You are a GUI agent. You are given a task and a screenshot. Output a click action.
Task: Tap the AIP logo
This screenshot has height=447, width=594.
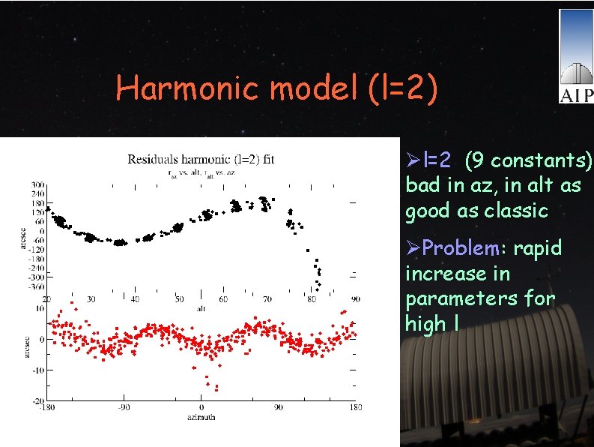coord(576,56)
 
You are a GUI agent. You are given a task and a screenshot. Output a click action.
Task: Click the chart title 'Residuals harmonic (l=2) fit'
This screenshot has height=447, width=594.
coord(201,159)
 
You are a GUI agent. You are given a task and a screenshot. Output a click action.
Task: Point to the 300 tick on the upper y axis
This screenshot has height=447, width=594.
coord(37,184)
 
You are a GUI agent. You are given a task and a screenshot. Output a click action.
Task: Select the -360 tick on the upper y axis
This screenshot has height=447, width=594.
coord(35,286)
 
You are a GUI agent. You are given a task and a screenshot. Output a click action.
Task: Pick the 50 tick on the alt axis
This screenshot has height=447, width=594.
coord(179,299)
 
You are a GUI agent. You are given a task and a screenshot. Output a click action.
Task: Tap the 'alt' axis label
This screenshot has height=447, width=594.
coord(201,307)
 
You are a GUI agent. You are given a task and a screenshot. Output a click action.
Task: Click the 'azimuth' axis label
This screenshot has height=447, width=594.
coord(201,416)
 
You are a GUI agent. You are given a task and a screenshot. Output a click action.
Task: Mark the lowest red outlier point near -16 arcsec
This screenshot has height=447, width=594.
coord(216,388)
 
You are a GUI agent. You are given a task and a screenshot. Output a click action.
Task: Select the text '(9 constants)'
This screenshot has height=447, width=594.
coord(528,160)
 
